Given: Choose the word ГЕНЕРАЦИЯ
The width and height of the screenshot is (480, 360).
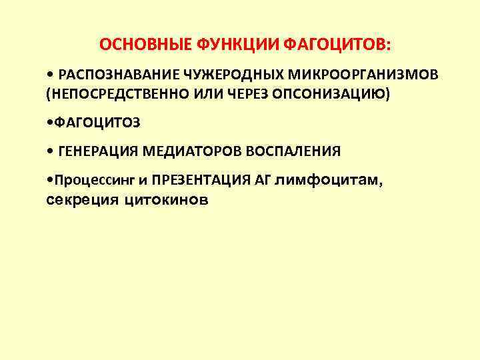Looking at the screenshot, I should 97,151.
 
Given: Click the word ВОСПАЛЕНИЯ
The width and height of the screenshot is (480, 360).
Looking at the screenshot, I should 293,151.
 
